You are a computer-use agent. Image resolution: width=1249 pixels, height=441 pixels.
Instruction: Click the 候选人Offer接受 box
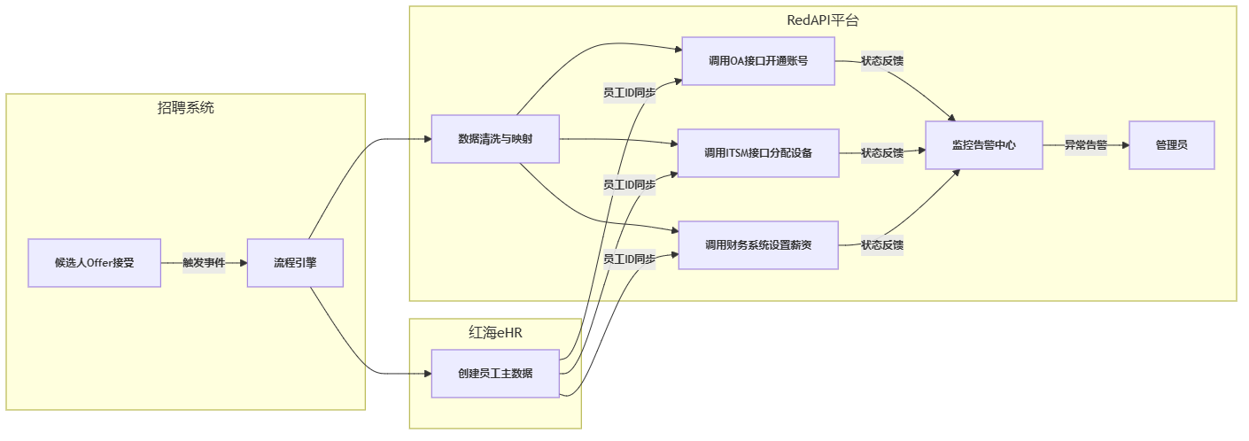94,263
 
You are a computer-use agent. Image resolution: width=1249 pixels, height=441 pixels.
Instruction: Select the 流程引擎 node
295,263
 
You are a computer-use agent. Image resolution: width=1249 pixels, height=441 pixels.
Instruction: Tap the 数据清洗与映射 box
495,139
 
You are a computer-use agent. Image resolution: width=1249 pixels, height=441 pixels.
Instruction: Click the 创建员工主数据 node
495,374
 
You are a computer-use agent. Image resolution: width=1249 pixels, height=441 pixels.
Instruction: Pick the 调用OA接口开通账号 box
758,61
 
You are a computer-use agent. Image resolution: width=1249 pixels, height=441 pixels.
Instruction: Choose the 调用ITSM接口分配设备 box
758,153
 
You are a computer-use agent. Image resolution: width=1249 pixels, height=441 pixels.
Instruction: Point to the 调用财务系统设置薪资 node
758,245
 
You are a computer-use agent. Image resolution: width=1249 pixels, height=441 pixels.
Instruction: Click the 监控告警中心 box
984,145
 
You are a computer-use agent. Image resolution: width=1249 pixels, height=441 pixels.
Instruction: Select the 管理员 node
1171,145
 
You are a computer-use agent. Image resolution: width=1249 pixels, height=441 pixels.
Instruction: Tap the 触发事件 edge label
204,263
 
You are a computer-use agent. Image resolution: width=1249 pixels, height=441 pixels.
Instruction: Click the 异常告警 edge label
1086,145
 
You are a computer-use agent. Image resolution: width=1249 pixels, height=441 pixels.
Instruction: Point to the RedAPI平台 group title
823,20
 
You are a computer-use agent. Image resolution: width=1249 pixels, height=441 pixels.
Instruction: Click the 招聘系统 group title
186,108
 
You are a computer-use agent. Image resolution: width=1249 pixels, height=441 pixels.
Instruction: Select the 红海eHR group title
495,333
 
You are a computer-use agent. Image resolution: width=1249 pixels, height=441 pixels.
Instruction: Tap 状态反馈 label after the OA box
882,61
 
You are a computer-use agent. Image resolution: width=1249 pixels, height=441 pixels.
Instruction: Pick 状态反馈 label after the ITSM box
882,153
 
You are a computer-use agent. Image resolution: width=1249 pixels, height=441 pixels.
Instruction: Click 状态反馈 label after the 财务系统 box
882,245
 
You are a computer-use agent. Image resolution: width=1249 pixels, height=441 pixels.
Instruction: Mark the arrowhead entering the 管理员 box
1124,145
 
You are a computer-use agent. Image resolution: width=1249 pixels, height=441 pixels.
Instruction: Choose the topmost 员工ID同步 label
629,93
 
